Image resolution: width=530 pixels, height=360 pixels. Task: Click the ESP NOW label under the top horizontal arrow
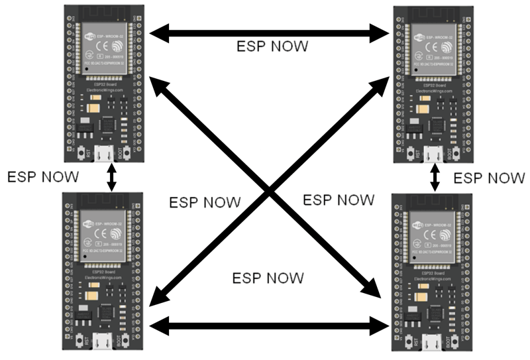pyautogui.click(x=272, y=47)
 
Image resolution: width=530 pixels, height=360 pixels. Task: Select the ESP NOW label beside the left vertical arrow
pyautogui.click(x=42, y=177)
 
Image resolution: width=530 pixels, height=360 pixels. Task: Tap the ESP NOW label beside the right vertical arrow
pyautogui.click(x=490, y=178)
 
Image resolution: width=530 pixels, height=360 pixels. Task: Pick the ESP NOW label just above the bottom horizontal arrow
pyautogui.click(x=269, y=278)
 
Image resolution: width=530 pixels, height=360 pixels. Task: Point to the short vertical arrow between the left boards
pyautogui.click(x=111, y=178)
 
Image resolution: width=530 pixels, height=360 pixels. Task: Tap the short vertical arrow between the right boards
pyautogui.click(x=435, y=178)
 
